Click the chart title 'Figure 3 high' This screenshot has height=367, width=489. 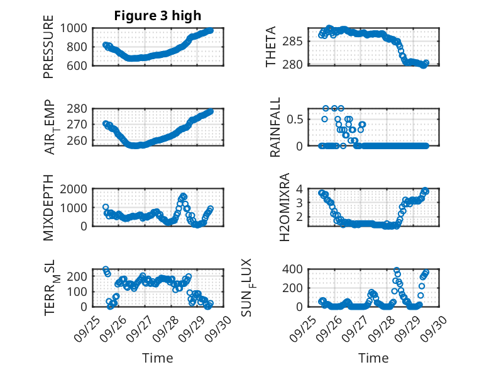(x=153, y=16)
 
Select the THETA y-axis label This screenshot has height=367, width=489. (x=271, y=47)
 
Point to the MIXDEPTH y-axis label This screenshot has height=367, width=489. (x=48, y=207)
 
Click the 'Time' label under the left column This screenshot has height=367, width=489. (x=153, y=358)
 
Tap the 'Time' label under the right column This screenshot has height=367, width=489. (x=373, y=358)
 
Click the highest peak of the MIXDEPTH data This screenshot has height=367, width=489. (x=184, y=196)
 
